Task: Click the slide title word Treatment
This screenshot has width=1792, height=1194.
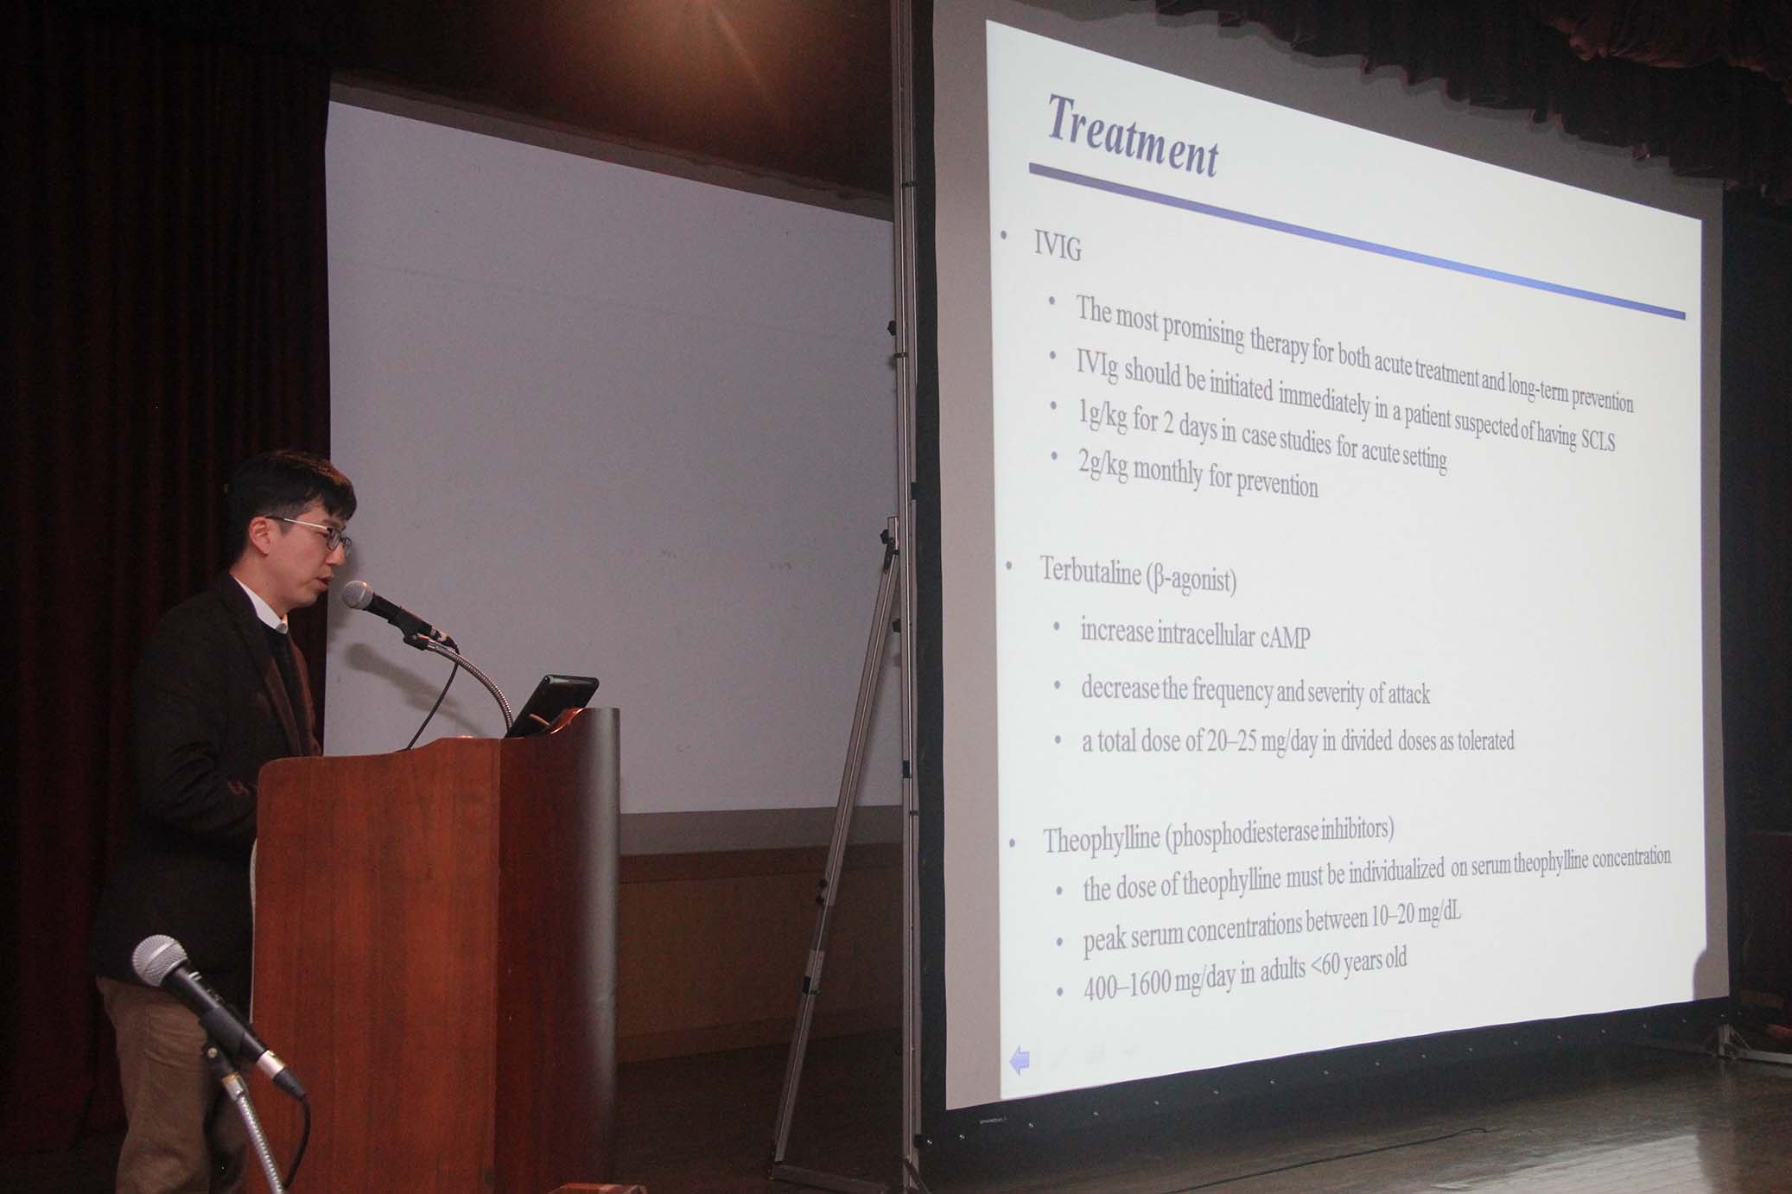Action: (1133, 137)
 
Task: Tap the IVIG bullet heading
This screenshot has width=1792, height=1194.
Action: (1058, 248)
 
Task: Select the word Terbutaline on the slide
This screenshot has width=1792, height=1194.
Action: (1091, 572)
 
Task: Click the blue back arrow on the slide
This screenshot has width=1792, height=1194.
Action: (1020, 1060)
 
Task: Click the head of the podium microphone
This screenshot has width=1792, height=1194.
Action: (359, 595)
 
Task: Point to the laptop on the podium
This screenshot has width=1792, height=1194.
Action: (550, 705)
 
